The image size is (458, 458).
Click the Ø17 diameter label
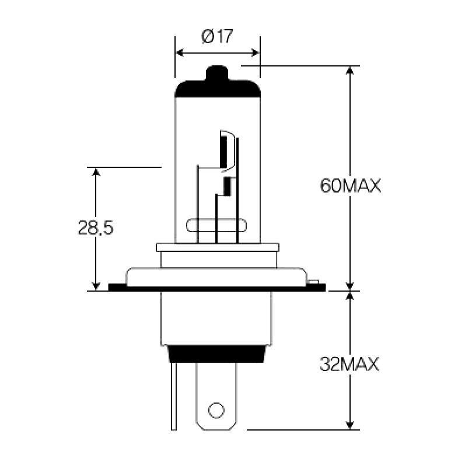(217, 37)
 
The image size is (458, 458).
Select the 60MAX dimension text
(350, 186)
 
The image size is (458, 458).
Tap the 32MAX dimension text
(350, 365)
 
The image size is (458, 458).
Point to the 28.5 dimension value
(95, 228)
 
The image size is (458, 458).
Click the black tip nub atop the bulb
(217, 74)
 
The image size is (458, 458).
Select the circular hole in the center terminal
(216, 410)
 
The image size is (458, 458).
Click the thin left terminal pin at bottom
(173, 396)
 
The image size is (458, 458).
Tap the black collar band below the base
(216, 354)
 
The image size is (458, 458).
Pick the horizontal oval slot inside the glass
(216, 226)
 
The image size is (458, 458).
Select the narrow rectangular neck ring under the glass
(216, 247)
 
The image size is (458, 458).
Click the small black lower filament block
(228, 186)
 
